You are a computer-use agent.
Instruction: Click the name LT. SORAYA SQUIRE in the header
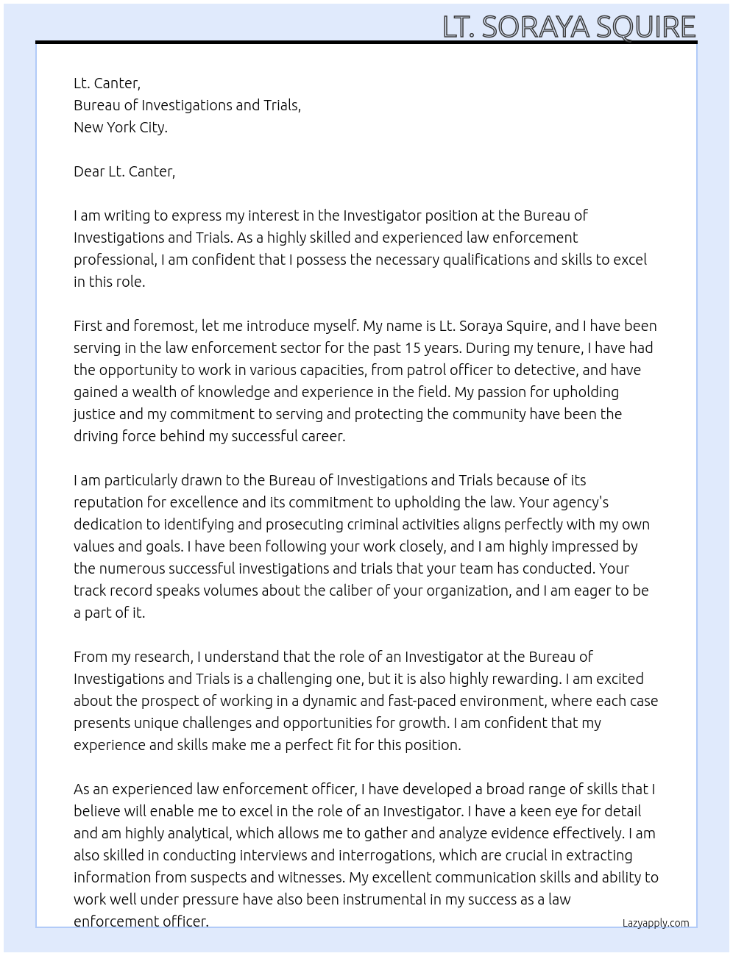(569, 26)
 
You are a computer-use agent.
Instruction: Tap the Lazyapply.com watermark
(655, 923)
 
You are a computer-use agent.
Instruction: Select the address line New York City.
(121, 127)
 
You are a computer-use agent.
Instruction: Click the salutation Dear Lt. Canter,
(124, 171)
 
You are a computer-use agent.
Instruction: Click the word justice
(93, 414)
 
